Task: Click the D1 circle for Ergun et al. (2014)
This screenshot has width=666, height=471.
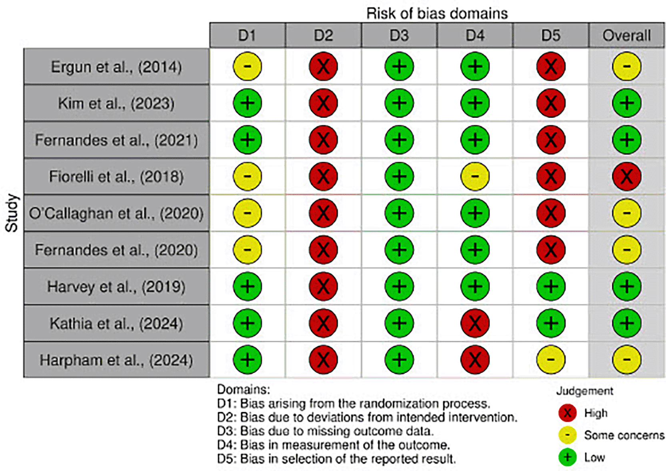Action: click(247, 66)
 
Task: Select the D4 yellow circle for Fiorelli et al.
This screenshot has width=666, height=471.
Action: click(475, 177)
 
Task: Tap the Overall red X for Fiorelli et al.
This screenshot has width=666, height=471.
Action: click(626, 177)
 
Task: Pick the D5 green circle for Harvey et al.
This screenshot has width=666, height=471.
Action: click(551, 287)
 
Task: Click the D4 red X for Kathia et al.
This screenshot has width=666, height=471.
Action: click(475, 323)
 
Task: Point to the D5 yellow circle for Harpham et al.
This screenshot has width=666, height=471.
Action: click(551, 360)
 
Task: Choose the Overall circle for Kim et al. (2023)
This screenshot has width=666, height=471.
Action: click(626, 103)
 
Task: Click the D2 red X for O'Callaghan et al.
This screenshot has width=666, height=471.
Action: click(323, 213)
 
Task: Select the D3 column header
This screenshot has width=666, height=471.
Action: click(399, 36)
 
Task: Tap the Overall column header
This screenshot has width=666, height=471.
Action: click(626, 36)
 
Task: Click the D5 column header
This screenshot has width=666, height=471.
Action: click(551, 36)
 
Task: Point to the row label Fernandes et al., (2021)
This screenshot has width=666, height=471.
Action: click(116, 140)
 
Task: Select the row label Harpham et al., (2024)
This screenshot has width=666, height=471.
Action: click(116, 360)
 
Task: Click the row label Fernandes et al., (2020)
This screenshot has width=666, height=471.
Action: click(116, 250)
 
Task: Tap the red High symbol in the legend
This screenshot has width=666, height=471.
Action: click(567, 413)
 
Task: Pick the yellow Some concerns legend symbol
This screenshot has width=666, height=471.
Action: click(567, 435)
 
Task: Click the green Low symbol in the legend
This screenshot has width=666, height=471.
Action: click(567, 457)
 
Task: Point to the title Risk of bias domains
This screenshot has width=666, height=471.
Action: click(437, 14)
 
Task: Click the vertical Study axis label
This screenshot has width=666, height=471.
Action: click(12, 213)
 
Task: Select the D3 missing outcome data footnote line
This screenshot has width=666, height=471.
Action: click(325, 431)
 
